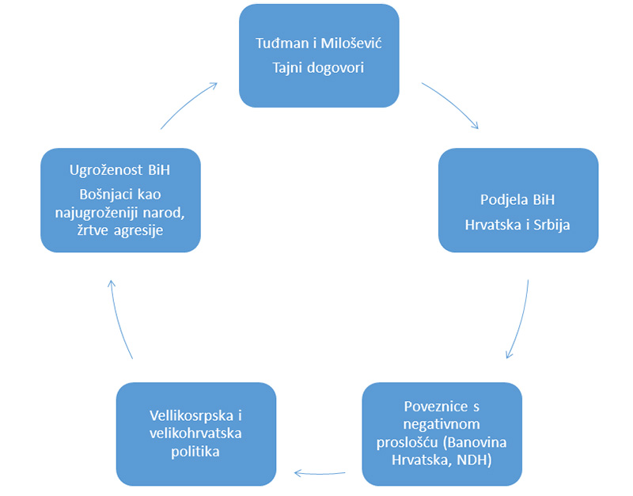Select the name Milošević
coord(351,44)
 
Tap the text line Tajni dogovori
coord(318,68)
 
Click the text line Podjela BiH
coord(517,200)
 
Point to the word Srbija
coord(552,225)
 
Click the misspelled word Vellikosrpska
coord(191,415)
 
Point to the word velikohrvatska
coord(195,434)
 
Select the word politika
coord(195,451)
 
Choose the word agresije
coord(138,230)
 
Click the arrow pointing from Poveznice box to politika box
coord(320,473)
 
